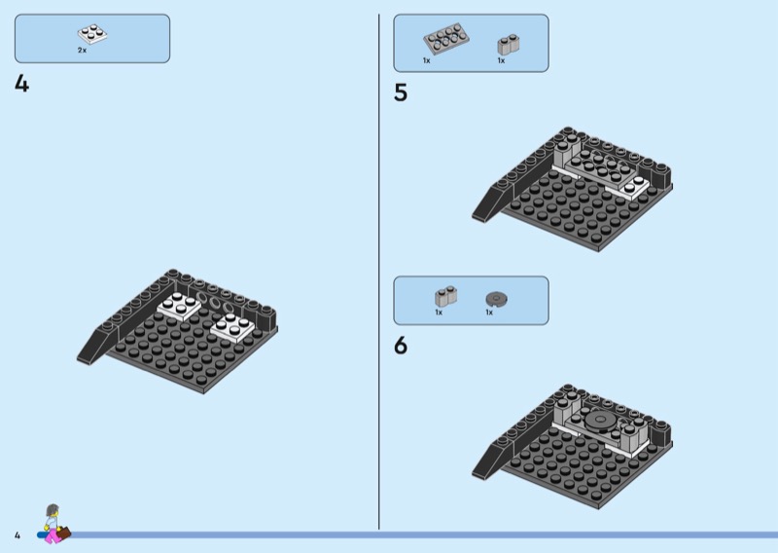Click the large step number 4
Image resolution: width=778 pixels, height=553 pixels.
pyautogui.click(x=21, y=84)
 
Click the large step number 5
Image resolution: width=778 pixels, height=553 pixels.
pyautogui.click(x=401, y=92)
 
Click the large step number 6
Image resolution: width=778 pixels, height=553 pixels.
pyautogui.click(x=401, y=346)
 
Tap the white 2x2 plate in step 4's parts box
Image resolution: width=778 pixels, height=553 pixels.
pyautogui.click(x=92, y=34)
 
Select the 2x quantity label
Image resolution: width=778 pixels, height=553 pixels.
pyautogui.click(x=82, y=51)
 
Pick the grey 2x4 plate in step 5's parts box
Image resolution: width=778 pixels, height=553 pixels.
pyautogui.click(x=446, y=38)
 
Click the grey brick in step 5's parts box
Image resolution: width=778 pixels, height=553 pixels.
pyautogui.click(x=508, y=45)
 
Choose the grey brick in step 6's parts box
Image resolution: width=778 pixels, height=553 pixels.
pyautogui.click(x=446, y=296)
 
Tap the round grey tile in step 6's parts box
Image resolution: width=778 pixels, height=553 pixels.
pyautogui.click(x=496, y=299)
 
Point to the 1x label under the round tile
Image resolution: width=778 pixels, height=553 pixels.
pyautogui.click(x=489, y=313)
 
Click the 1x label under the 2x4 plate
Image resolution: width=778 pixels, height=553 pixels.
pyautogui.click(x=427, y=60)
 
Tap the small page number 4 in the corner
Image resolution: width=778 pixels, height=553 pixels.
pyautogui.click(x=18, y=535)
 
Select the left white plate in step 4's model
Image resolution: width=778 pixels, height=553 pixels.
pyautogui.click(x=179, y=306)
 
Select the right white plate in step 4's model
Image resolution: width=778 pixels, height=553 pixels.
pyautogui.click(x=232, y=327)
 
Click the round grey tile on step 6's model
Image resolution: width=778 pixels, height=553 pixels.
pyautogui.click(x=601, y=421)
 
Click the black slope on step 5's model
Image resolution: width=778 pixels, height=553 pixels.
pyautogui.click(x=491, y=203)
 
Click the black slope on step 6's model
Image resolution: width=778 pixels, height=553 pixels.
pyautogui.click(x=491, y=460)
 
